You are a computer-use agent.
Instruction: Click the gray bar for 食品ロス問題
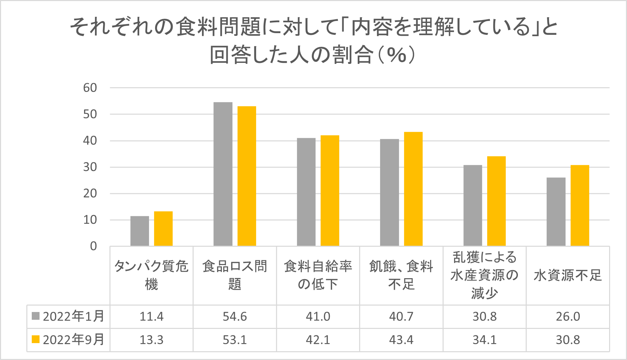[223, 174]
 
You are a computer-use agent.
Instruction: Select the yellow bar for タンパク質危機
[163, 229]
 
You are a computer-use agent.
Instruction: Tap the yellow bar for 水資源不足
[580, 205]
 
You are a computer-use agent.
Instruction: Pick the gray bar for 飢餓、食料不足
[389, 192]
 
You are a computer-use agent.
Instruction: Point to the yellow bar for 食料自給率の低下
[330, 190]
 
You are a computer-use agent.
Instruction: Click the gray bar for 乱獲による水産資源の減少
[473, 205]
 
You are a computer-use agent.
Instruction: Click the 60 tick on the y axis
[90, 88]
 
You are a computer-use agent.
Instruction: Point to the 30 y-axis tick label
[90, 167]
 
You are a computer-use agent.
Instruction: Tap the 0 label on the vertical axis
[93, 246]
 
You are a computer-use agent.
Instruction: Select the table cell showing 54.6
[235, 317]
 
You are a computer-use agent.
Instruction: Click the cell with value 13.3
[151, 340]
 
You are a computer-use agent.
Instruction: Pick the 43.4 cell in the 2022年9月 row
[401, 340]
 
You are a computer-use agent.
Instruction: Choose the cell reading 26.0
[568, 317]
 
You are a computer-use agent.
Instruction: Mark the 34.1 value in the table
[484, 340]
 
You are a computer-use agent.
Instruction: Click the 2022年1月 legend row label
[73, 317]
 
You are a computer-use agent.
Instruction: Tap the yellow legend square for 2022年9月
[35, 339]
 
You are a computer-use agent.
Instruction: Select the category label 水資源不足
[568, 275]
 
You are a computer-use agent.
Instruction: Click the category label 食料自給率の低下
[318, 275]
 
